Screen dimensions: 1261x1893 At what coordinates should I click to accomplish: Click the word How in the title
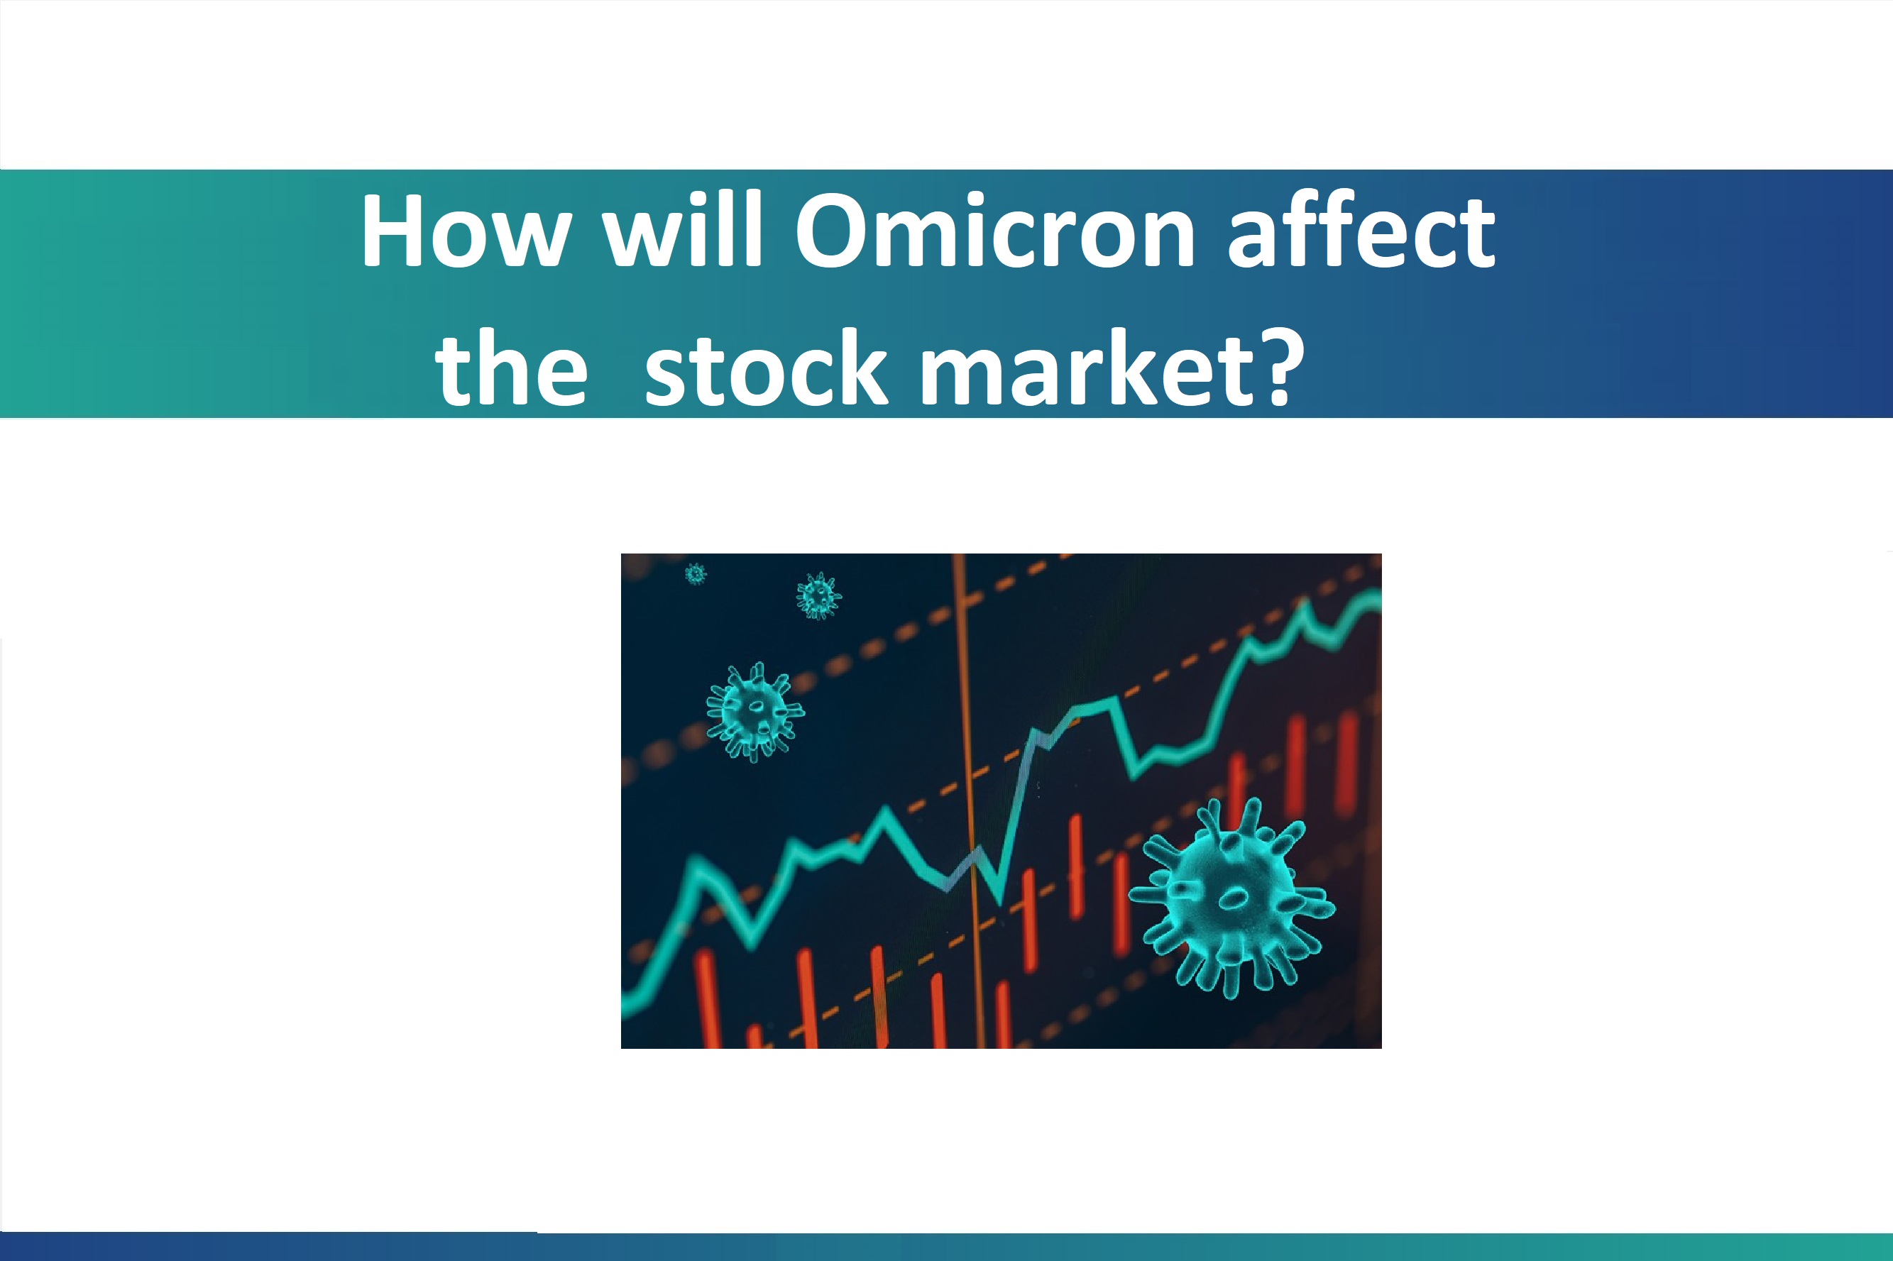[466, 231]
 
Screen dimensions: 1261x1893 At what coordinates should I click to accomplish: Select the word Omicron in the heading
[994, 231]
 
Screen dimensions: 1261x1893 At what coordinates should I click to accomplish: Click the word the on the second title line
[512, 368]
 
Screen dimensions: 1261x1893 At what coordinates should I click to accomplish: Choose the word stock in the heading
[766, 368]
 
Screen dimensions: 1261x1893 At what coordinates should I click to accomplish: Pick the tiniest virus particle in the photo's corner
[696, 574]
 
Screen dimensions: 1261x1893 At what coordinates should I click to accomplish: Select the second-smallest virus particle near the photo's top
[818, 596]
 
